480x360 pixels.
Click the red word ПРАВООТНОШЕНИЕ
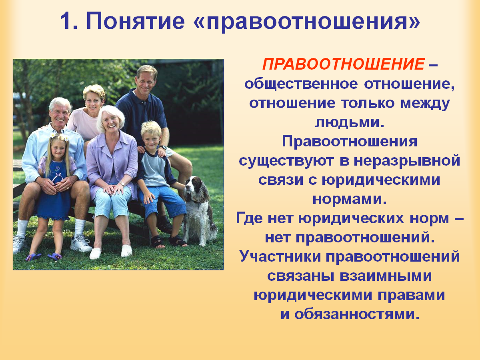pyautogui.click(x=343, y=64)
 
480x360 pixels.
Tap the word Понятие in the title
pyautogui.click(x=135, y=21)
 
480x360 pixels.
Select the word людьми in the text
pyautogui.click(x=350, y=122)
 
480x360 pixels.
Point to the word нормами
pyautogui.click(x=350, y=199)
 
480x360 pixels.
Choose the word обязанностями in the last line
pyautogui.click(x=357, y=314)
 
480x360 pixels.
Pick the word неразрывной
pyautogui.click(x=407, y=161)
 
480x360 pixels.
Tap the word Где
pyautogui.click(x=249, y=218)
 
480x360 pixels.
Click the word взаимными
pyautogui.click(x=386, y=276)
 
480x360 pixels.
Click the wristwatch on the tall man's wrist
pyautogui.click(x=163, y=147)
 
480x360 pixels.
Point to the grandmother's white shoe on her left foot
pyautogui.click(x=126, y=251)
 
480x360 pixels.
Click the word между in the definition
pyautogui.click(x=425, y=104)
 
